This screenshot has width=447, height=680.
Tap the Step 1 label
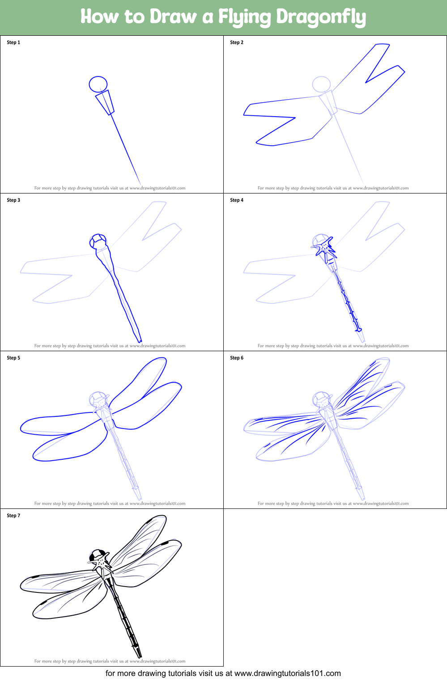pyautogui.click(x=13, y=42)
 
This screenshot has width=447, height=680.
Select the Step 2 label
pyautogui.click(x=237, y=42)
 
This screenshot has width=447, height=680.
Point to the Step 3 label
pyautogui.click(x=13, y=200)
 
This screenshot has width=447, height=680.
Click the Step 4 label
pyautogui.click(x=237, y=200)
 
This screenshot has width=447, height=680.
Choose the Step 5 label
pyautogui.click(x=13, y=358)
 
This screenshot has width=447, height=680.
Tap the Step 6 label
pyautogui.click(x=237, y=358)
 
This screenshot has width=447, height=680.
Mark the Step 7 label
pyautogui.click(x=13, y=516)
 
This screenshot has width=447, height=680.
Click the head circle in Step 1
pyautogui.click(x=98, y=77)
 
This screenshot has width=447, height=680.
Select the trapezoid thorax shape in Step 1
pyautogui.click(x=105, y=103)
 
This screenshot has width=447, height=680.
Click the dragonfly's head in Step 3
pyautogui.click(x=98, y=241)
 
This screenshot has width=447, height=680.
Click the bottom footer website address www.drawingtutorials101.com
pyautogui.click(x=287, y=673)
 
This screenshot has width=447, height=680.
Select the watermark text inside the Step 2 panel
pyautogui.click(x=333, y=188)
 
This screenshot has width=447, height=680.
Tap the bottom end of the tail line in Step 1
pyautogui.click(x=140, y=184)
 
